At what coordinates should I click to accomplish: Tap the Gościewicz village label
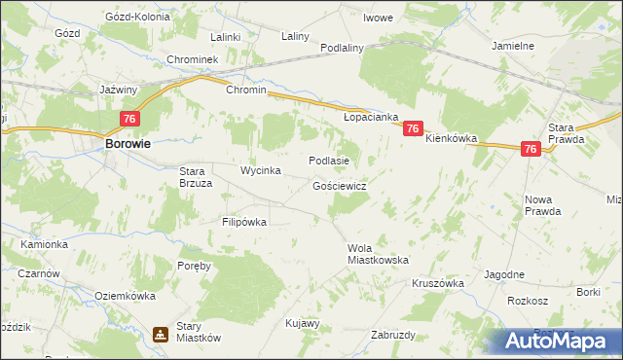click(339, 185)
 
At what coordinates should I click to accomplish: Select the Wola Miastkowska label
click(378, 254)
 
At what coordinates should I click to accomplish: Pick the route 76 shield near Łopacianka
click(413, 128)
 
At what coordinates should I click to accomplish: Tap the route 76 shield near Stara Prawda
click(531, 149)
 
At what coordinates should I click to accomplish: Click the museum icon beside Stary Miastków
click(160, 335)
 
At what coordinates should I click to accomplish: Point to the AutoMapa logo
click(556, 341)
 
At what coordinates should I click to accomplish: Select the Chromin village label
click(245, 90)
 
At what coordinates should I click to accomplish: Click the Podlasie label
click(328, 161)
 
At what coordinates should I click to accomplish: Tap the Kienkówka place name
click(451, 139)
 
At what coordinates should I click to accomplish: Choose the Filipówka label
click(243, 222)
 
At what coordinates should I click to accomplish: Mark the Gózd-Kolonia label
click(137, 18)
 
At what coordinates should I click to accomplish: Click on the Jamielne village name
click(513, 46)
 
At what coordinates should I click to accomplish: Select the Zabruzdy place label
click(393, 335)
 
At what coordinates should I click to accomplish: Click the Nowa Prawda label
click(538, 205)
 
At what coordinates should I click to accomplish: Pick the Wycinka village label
click(261, 171)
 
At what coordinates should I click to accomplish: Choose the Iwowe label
click(378, 18)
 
